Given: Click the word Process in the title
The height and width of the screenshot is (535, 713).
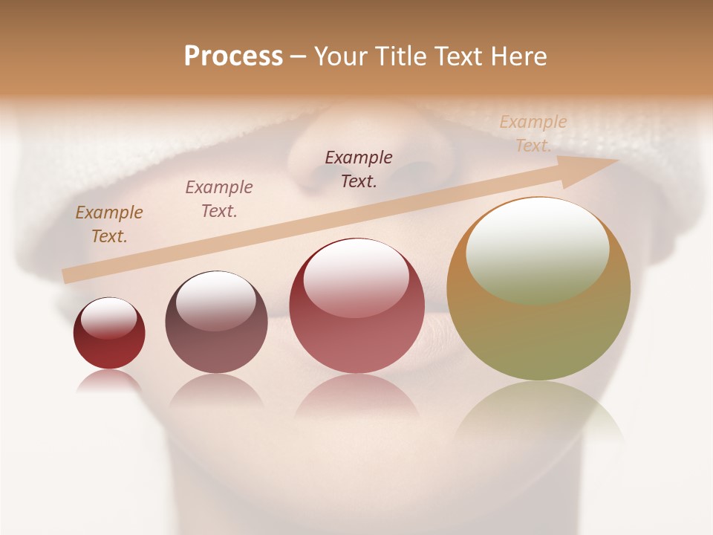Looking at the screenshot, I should pyautogui.click(x=233, y=56).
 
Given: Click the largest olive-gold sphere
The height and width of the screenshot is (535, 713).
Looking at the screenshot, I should pyautogui.click(x=538, y=327).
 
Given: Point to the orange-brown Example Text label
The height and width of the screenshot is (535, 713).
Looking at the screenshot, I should pyautogui.click(x=109, y=224).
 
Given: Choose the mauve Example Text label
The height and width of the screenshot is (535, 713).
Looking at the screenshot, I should pyautogui.click(x=219, y=198).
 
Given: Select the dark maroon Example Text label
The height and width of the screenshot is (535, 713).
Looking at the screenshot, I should pyautogui.click(x=359, y=169).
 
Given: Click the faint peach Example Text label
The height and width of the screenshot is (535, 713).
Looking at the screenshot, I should pyautogui.click(x=533, y=133).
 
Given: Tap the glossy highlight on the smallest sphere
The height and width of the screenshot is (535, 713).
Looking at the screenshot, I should pyautogui.click(x=109, y=317).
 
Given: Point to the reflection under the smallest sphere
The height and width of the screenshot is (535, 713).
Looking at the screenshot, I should pyautogui.click(x=109, y=380).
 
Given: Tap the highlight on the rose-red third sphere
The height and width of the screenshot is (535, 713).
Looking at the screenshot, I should pyautogui.click(x=356, y=276).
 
